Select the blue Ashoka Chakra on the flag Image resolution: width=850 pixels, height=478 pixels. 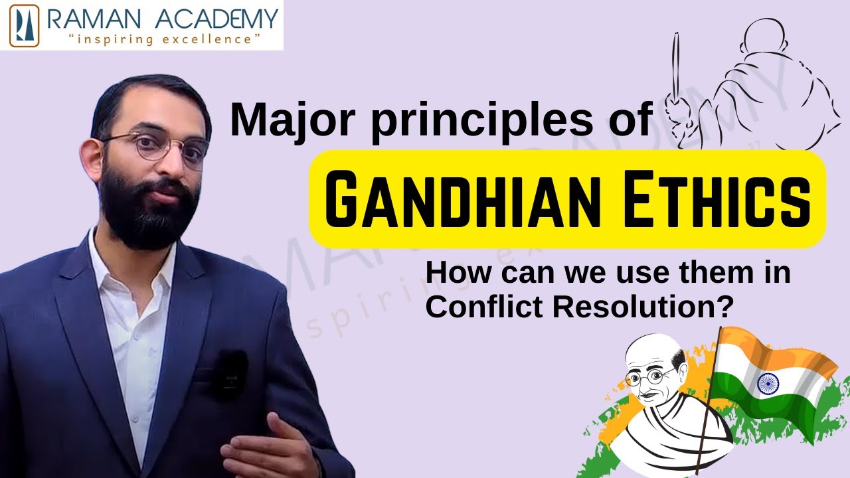768,383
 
